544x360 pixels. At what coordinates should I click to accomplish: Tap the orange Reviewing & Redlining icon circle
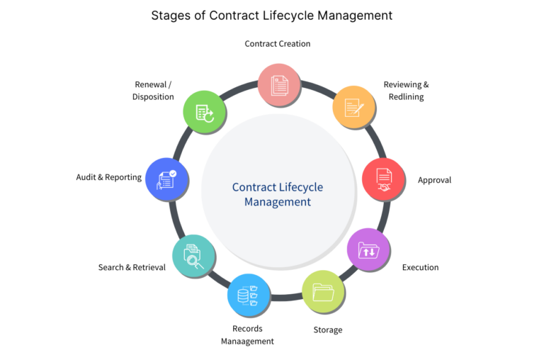(x=353, y=107)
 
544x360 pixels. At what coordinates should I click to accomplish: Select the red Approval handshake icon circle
(x=383, y=179)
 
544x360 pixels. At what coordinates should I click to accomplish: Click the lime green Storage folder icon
(x=323, y=291)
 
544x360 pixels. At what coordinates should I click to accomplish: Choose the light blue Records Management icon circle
(x=249, y=295)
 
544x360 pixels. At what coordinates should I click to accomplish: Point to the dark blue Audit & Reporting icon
(x=166, y=179)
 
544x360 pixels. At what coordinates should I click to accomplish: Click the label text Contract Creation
(x=278, y=44)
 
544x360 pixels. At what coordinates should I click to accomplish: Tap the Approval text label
(x=434, y=180)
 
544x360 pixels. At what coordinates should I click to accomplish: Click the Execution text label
(x=420, y=267)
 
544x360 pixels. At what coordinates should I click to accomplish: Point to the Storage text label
(x=328, y=330)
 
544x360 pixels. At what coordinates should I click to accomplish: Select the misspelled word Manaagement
(x=247, y=341)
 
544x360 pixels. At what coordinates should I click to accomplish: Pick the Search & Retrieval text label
(x=132, y=267)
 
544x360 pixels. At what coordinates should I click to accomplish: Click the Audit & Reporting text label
(x=109, y=177)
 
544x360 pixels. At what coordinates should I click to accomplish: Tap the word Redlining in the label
(x=406, y=96)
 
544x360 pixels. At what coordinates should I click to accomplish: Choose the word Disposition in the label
(x=153, y=96)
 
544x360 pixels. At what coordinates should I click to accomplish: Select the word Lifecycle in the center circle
(x=298, y=187)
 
